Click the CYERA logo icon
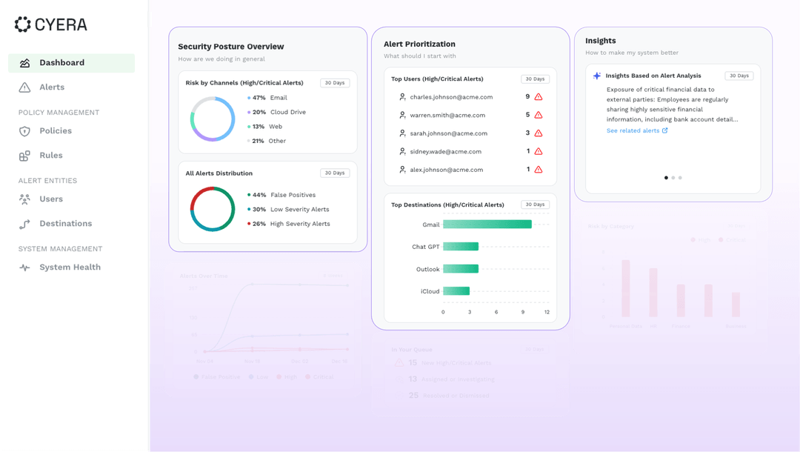pyautogui.click(x=23, y=24)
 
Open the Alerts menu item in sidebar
pyautogui.click(x=51, y=87)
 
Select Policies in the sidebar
pyautogui.click(x=55, y=131)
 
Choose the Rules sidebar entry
pyautogui.click(x=50, y=156)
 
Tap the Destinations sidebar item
pyautogui.click(x=65, y=224)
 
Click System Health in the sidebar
pyautogui.click(x=70, y=267)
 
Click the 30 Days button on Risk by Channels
pyautogui.click(x=335, y=83)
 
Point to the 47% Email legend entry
pyautogui.click(x=269, y=98)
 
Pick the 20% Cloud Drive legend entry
pyautogui.click(x=279, y=113)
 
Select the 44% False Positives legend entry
pyautogui.click(x=283, y=195)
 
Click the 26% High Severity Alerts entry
pyautogui.click(x=290, y=224)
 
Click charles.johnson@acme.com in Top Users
pyautogui.click(x=451, y=97)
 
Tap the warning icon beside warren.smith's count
pyautogui.click(x=539, y=115)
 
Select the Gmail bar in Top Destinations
pyautogui.click(x=487, y=225)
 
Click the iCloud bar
pyautogui.click(x=456, y=291)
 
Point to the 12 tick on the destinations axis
pyautogui.click(x=547, y=312)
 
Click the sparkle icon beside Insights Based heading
pyautogui.click(x=597, y=76)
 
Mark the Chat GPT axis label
pyautogui.click(x=425, y=247)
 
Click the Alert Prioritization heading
pyautogui.click(x=419, y=44)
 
